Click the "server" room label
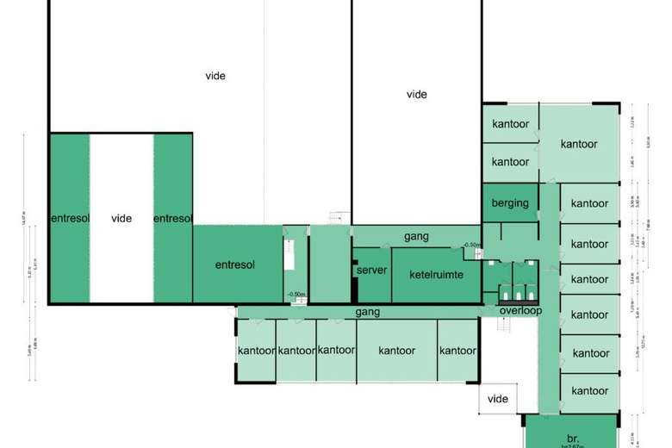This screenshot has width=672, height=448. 371,271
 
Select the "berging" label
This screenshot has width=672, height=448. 510,202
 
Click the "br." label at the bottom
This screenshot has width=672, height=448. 572,438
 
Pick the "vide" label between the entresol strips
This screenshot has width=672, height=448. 121,218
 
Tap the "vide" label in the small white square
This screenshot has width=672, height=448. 498,399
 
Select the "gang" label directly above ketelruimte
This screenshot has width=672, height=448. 417,236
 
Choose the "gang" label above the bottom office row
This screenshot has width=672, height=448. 367,311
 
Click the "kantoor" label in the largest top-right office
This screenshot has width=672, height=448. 579,144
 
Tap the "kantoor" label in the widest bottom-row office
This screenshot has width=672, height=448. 397,351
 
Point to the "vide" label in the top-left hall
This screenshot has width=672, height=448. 215,76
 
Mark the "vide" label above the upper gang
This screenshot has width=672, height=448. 417,95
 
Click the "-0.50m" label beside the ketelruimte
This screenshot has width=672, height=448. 471,246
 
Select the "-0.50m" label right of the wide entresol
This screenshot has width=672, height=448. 295,295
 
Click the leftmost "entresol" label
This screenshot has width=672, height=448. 70,218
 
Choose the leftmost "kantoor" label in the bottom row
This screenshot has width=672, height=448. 256,351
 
